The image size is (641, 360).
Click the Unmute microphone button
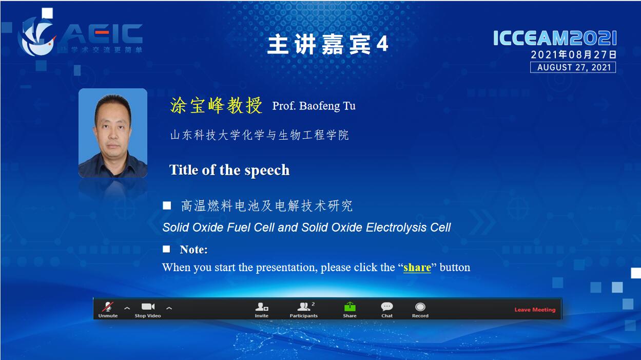(108, 309)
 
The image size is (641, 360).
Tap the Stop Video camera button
(148, 309)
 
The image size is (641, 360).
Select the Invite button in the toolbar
(262, 309)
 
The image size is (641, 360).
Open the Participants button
(304, 309)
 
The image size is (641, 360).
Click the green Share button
(349, 309)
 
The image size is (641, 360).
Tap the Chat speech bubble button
(387, 309)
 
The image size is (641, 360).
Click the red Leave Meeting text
(535, 310)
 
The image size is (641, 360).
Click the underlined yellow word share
(417, 268)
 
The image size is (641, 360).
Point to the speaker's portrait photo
(113, 133)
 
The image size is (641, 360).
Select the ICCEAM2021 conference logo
(555, 38)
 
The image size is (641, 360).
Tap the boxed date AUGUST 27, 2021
(573, 68)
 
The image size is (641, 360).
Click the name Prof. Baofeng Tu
(314, 106)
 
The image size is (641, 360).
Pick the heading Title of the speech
(229, 170)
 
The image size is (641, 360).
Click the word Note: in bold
(193, 250)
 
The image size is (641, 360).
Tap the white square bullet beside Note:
(166, 249)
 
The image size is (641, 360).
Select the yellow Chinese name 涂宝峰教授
(216, 105)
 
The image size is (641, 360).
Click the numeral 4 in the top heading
(382, 44)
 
